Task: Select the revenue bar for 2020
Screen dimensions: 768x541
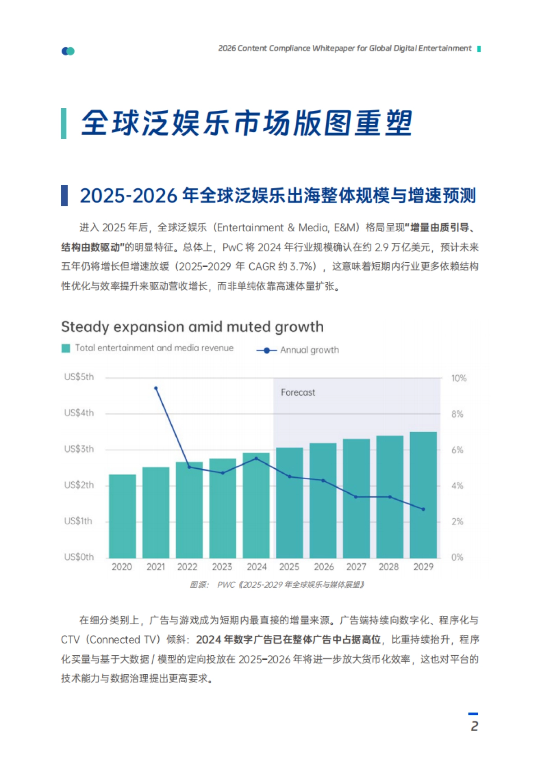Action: [x=122, y=516]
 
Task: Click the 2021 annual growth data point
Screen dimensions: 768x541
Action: [x=156, y=388]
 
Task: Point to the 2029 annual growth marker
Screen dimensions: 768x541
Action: [x=423, y=509]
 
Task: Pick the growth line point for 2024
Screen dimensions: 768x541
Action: [x=256, y=458]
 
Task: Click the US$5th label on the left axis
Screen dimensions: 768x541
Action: [x=79, y=377]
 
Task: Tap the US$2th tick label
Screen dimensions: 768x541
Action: [x=79, y=485]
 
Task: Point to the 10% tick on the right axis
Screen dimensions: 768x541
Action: [x=458, y=379]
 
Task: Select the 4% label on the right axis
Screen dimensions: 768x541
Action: [x=457, y=486]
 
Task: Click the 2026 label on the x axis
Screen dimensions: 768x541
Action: [x=323, y=567]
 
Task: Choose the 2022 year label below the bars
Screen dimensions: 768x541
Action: [x=187, y=567]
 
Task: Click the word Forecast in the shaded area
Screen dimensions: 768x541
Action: [x=298, y=393]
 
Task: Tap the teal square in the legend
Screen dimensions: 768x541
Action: [x=66, y=348]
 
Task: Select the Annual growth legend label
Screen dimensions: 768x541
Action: [x=309, y=350]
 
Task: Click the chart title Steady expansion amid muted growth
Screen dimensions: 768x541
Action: [x=192, y=327]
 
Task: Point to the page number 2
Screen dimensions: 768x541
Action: [x=474, y=726]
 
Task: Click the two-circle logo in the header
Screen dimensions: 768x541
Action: [x=68, y=51]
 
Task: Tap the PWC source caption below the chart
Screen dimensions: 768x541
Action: [x=277, y=585]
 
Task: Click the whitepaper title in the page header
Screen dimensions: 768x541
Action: [x=344, y=49]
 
